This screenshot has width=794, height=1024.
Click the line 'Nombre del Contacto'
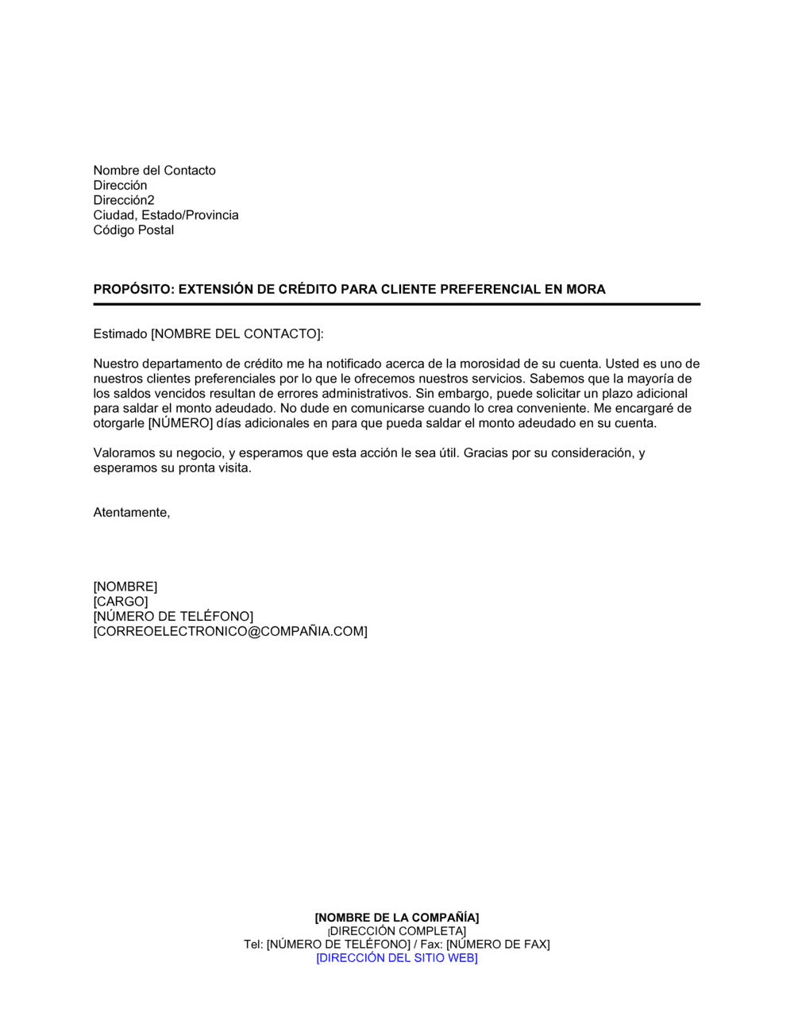[x=154, y=171]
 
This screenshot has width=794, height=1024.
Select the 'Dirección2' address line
[x=124, y=200]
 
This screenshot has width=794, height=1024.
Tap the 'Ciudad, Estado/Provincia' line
[x=166, y=215]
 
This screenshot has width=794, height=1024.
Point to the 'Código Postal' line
[x=133, y=230]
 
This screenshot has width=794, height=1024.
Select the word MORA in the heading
[x=585, y=290]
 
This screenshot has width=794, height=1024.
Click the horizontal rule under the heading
[x=397, y=304]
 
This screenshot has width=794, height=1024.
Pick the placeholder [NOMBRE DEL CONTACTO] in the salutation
[x=237, y=334]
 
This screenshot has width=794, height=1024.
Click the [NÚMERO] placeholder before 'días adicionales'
[x=181, y=423]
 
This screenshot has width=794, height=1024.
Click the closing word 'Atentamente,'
[x=132, y=513]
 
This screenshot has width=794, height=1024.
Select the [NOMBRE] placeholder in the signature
[x=125, y=587]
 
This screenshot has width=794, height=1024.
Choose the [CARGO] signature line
[x=121, y=602]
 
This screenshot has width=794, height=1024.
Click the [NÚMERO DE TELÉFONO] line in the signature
[x=173, y=617]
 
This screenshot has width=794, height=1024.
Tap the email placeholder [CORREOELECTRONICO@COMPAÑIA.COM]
[x=230, y=632]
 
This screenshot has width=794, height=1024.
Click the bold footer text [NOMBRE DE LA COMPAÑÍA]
[x=397, y=918]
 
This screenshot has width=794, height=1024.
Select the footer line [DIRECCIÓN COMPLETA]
[x=398, y=931]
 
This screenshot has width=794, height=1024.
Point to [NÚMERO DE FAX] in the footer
[x=498, y=945]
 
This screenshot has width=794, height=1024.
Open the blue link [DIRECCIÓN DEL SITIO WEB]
[x=397, y=958]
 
